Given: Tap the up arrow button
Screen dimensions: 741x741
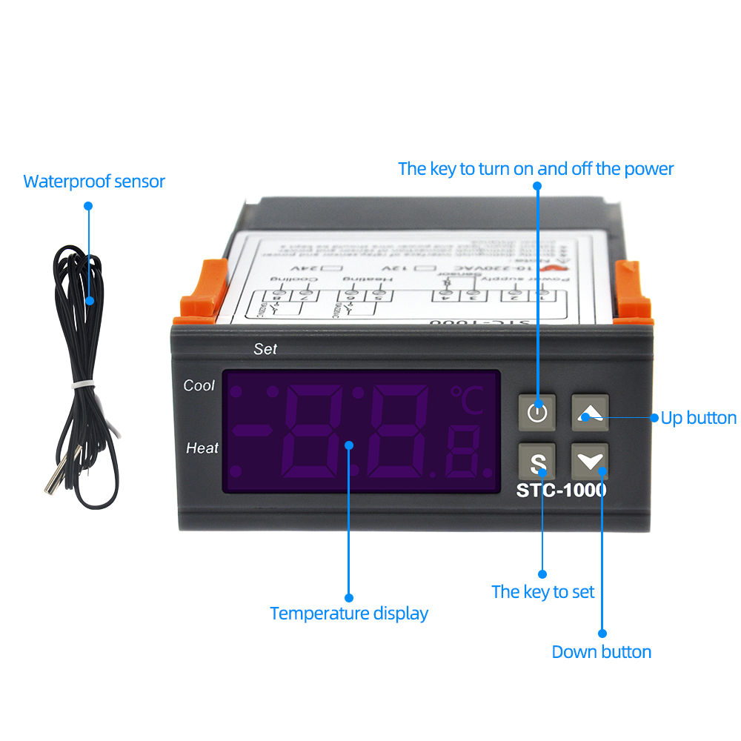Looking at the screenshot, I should pyautogui.click(x=590, y=412).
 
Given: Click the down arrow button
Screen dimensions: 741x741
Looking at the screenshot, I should pyautogui.click(x=590, y=462).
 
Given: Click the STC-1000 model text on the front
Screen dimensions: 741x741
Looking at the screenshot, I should pyautogui.click(x=561, y=490).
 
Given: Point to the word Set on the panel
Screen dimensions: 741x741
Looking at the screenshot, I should pyautogui.click(x=265, y=348).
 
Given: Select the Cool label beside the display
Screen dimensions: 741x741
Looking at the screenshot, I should pyautogui.click(x=199, y=385).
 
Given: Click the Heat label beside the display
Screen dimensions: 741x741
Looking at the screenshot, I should pyautogui.click(x=202, y=448).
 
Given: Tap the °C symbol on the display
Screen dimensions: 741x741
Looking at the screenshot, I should pyautogui.click(x=466, y=401).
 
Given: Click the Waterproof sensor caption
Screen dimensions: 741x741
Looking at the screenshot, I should pyautogui.click(x=94, y=182).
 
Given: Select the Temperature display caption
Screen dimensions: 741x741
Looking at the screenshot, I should pyautogui.click(x=349, y=614).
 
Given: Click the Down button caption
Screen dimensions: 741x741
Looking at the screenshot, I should pyautogui.click(x=601, y=652).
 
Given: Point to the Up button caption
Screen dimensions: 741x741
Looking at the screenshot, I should pyautogui.click(x=698, y=418).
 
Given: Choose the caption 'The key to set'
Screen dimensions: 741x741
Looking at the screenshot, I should pyautogui.click(x=542, y=591).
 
